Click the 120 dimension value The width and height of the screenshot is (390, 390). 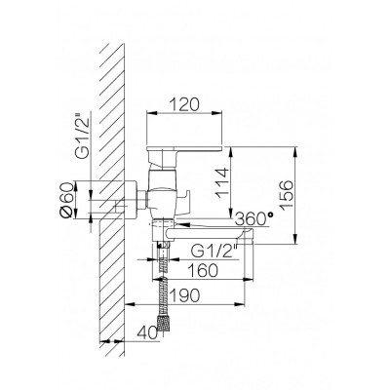[184, 105]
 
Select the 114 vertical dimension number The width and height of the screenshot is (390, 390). [223, 182]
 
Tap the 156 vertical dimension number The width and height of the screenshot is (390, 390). [287, 195]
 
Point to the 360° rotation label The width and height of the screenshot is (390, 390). [253, 218]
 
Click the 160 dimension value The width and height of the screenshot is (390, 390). [203, 270]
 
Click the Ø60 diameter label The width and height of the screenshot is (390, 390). [66, 200]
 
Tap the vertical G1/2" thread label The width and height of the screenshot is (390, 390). [83, 136]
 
